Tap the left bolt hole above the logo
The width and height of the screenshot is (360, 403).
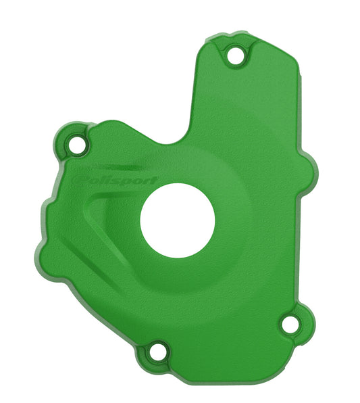(76, 144)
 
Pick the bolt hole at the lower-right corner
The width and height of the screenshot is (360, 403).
(290, 324)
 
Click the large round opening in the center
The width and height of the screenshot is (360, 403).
(178, 220)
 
